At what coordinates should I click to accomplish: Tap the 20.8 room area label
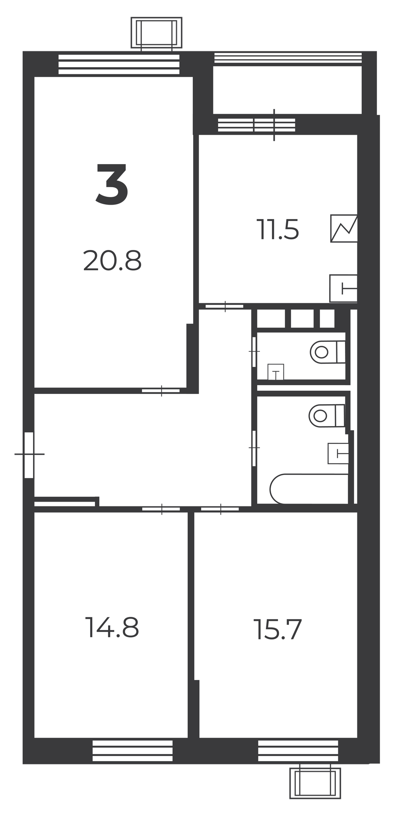[112, 261]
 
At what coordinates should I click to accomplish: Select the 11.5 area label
[277, 230]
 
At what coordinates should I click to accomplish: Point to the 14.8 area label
[112, 628]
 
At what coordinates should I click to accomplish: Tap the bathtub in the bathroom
[309, 488]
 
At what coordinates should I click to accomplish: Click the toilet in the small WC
[328, 352]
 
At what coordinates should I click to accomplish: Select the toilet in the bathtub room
[327, 416]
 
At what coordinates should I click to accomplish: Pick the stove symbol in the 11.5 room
[344, 229]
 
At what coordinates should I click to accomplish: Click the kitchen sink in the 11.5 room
[343, 288]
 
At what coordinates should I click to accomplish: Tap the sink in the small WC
[276, 372]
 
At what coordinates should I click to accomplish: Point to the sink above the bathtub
[338, 454]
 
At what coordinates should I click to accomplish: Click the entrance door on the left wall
[29, 454]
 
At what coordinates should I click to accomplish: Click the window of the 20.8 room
[119, 64]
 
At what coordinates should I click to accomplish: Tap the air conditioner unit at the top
[156, 33]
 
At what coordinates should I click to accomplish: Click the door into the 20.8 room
[161, 391]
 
